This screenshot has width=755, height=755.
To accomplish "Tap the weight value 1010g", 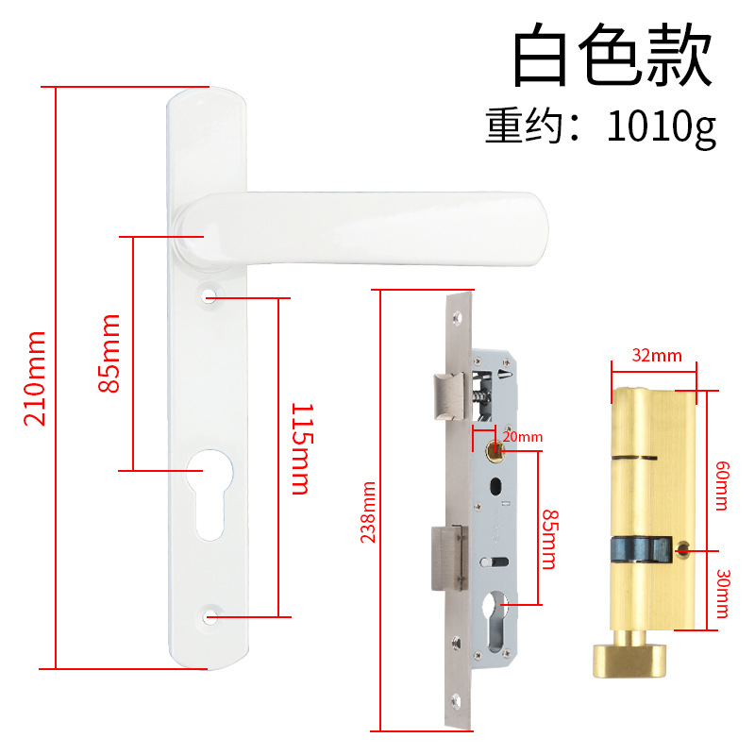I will [x=662, y=127].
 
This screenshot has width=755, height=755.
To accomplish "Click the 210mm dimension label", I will [x=34, y=377].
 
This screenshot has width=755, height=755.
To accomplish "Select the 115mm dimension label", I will [x=300, y=448].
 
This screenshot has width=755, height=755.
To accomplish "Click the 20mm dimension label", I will [x=522, y=436].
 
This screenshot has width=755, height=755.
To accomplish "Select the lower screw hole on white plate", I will [x=209, y=617].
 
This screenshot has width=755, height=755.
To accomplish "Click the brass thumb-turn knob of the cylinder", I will [x=629, y=657].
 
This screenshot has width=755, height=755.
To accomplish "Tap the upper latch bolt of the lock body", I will [x=447, y=394].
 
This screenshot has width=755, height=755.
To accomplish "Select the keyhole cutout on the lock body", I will [x=496, y=621].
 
